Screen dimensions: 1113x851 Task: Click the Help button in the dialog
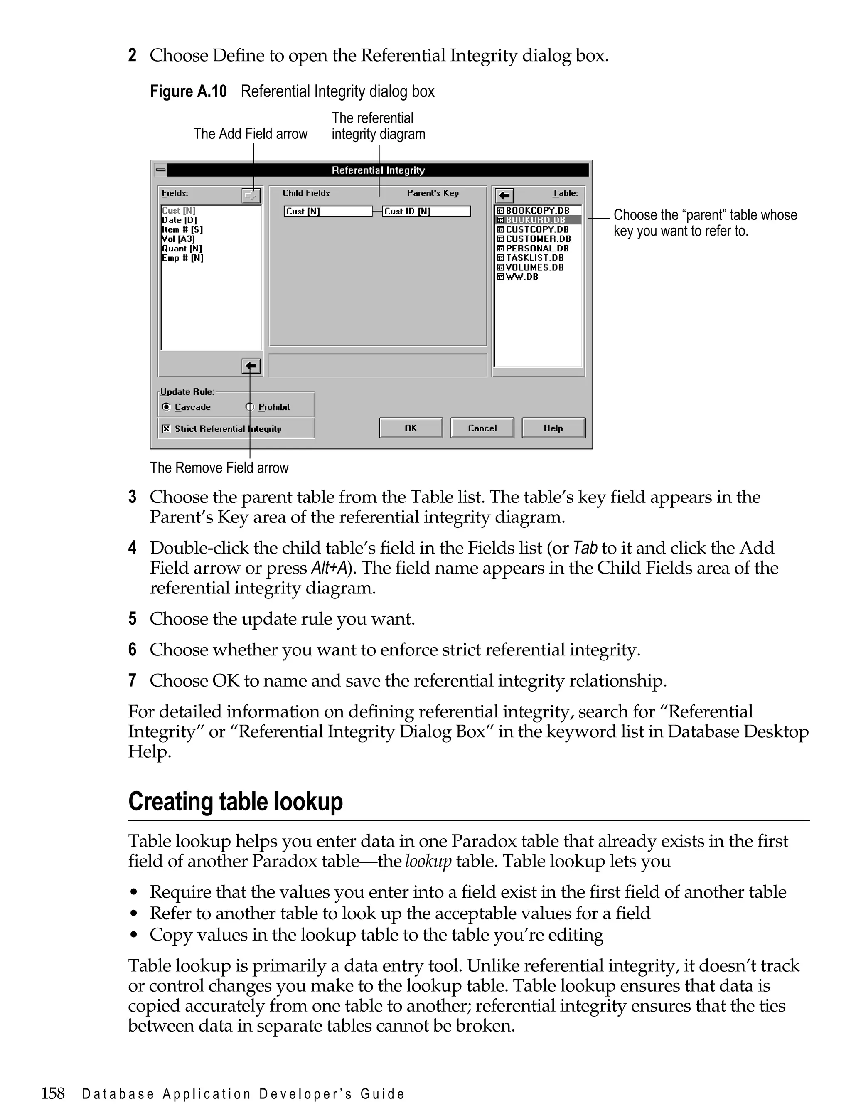pyautogui.click(x=553, y=428)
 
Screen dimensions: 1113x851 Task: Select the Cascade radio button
pyautogui.click(x=166, y=407)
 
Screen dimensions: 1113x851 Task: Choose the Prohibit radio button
pyautogui.click(x=250, y=407)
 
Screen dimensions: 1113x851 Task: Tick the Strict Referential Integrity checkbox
pyautogui.click(x=166, y=428)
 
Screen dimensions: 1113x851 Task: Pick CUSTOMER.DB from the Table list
pyautogui.click(x=538, y=239)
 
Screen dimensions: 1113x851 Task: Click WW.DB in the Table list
pyautogui.click(x=522, y=277)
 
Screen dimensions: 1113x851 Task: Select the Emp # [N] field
pyautogui.click(x=183, y=258)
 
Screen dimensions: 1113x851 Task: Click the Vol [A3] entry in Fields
pyautogui.click(x=178, y=239)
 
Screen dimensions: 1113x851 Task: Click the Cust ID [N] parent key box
pyautogui.click(x=426, y=211)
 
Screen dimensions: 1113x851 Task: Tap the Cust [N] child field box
pyautogui.click(x=327, y=211)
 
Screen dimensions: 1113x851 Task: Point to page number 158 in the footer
pyautogui.click(x=53, y=1093)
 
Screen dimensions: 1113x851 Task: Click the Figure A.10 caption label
pyautogui.click(x=188, y=92)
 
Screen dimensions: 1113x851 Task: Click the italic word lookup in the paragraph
pyautogui.click(x=428, y=861)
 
